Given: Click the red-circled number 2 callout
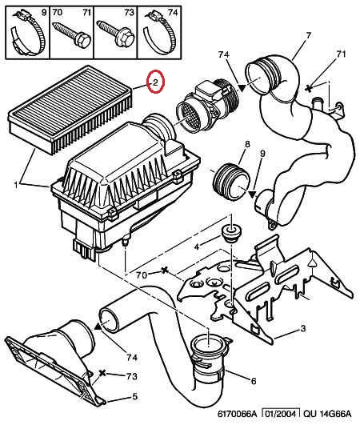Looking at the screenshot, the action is pyautogui.click(x=155, y=82).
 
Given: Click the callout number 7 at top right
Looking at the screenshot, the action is pyautogui.click(x=309, y=35).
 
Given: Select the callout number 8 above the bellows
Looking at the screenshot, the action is pyautogui.click(x=247, y=144).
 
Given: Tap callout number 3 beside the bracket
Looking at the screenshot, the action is pyautogui.click(x=303, y=328).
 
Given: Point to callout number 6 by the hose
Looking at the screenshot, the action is pyautogui.click(x=254, y=381).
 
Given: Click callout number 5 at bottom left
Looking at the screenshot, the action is pyautogui.click(x=135, y=396).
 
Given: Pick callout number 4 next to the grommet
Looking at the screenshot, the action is pyautogui.click(x=197, y=247).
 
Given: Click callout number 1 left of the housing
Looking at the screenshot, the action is pyautogui.click(x=16, y=186).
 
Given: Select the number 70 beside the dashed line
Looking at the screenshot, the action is pyautogui.click(x=142, y=275).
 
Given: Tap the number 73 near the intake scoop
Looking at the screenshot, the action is pyautogui.click(x=132, y=376).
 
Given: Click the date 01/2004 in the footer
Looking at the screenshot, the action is pyautogui.click(x=281, y=414).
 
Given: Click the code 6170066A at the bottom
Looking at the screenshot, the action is pyautogui.click(x=237, y=414).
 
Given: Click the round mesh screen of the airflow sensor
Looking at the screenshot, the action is pyautogui.click(x=189, y=118).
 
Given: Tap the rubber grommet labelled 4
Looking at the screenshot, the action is pyautogui.click(x=231, y=234).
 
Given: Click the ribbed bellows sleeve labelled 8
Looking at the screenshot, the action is pyautogui.click(x=230, y=182).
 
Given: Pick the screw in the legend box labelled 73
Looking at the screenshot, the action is pyautogui.click(x=116, y=34).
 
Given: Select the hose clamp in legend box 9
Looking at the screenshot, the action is pyautogui.click(x=27, y=33).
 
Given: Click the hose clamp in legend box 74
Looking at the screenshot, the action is pyautogui.click(x=159, y=33).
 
